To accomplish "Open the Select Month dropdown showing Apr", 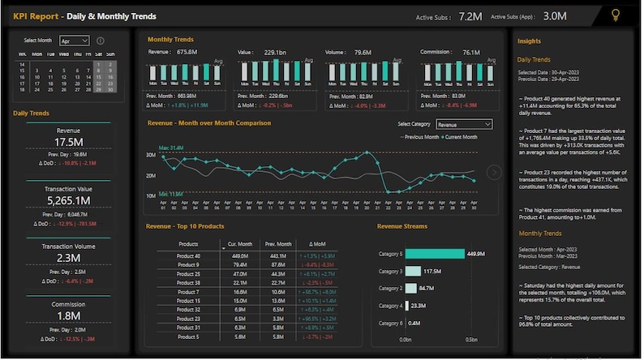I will (75, 41).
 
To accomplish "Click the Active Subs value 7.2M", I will (470, 16).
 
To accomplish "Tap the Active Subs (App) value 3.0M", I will (555, 16).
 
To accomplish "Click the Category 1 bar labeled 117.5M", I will (411, 271).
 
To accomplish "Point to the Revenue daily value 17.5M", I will (68, 142).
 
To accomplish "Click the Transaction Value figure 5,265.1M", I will (68, 199).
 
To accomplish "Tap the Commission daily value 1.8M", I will (68, 315).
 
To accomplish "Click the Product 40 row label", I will (188, 255).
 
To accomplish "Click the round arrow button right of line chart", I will (494, 172).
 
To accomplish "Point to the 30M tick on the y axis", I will (151, 155).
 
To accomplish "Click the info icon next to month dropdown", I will (101, 41).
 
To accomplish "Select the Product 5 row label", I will (188, 336).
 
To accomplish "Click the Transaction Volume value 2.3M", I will (68, 258).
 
